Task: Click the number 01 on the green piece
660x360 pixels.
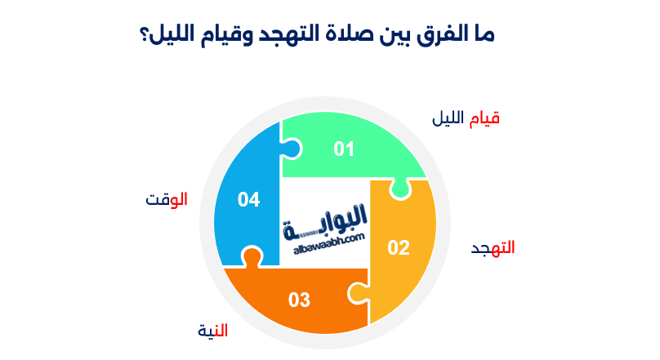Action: point(344,149)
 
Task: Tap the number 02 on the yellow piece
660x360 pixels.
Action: point(398,247)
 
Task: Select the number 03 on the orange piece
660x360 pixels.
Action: point(299,300)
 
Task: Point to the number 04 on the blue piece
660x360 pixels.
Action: point(248,199)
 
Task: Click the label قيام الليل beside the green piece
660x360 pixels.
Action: point(466,118)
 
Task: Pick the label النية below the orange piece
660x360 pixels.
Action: point(213,331)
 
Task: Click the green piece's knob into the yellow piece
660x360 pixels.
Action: point(399,189)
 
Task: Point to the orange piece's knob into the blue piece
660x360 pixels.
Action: point(252,257)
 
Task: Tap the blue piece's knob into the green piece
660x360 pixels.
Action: point(292,149)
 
